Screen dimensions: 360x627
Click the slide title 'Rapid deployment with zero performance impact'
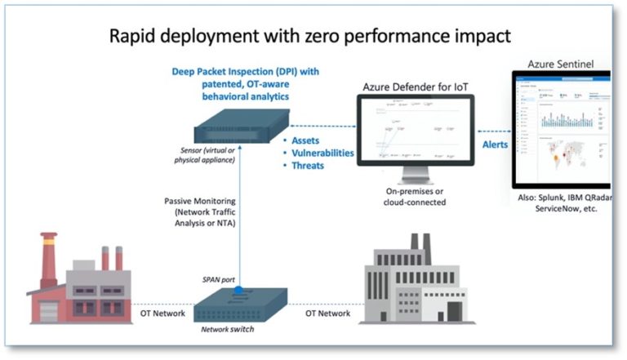[313, 36]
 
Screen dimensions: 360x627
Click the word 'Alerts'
[494, 144]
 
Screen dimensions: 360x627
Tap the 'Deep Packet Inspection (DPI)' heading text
[245, 72]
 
